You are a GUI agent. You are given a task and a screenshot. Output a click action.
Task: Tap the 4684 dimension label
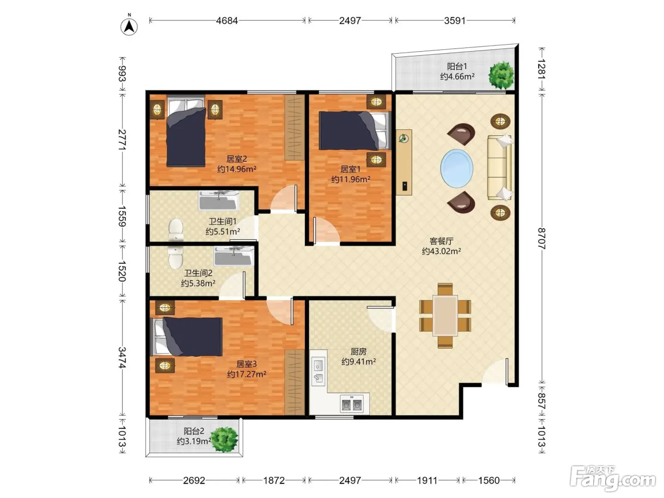(227, 20)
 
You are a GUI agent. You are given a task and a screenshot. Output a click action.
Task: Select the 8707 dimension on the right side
(542, 239)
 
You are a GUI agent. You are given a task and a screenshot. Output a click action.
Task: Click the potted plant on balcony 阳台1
(501, 75)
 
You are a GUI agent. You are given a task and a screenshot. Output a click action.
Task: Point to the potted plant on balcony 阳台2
(224, 439)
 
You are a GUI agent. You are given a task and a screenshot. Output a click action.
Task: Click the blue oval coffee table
(456, 169)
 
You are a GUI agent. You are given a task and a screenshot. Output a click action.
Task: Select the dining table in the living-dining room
(445, 316)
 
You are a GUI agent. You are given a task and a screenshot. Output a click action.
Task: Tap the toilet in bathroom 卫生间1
(176, 230)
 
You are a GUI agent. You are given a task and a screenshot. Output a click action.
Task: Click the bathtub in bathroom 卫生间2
(234, 256)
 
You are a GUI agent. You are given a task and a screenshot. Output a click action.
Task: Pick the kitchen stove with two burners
(351, 404)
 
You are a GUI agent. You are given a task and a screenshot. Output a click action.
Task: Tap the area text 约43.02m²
(442, 251)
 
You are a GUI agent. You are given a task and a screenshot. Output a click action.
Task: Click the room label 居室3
(246, 364)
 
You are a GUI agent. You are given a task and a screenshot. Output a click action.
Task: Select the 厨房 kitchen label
(359, 351)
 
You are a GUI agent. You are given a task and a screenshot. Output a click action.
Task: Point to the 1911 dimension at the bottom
(427, 480)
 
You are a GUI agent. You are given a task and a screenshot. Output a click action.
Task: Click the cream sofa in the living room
(500, 167)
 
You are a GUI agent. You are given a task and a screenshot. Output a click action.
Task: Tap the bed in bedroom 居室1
(355, 130)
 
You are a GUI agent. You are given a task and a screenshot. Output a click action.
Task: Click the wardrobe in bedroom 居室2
(295, 127)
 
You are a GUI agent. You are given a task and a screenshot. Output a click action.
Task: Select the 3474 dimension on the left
(122, 358)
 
